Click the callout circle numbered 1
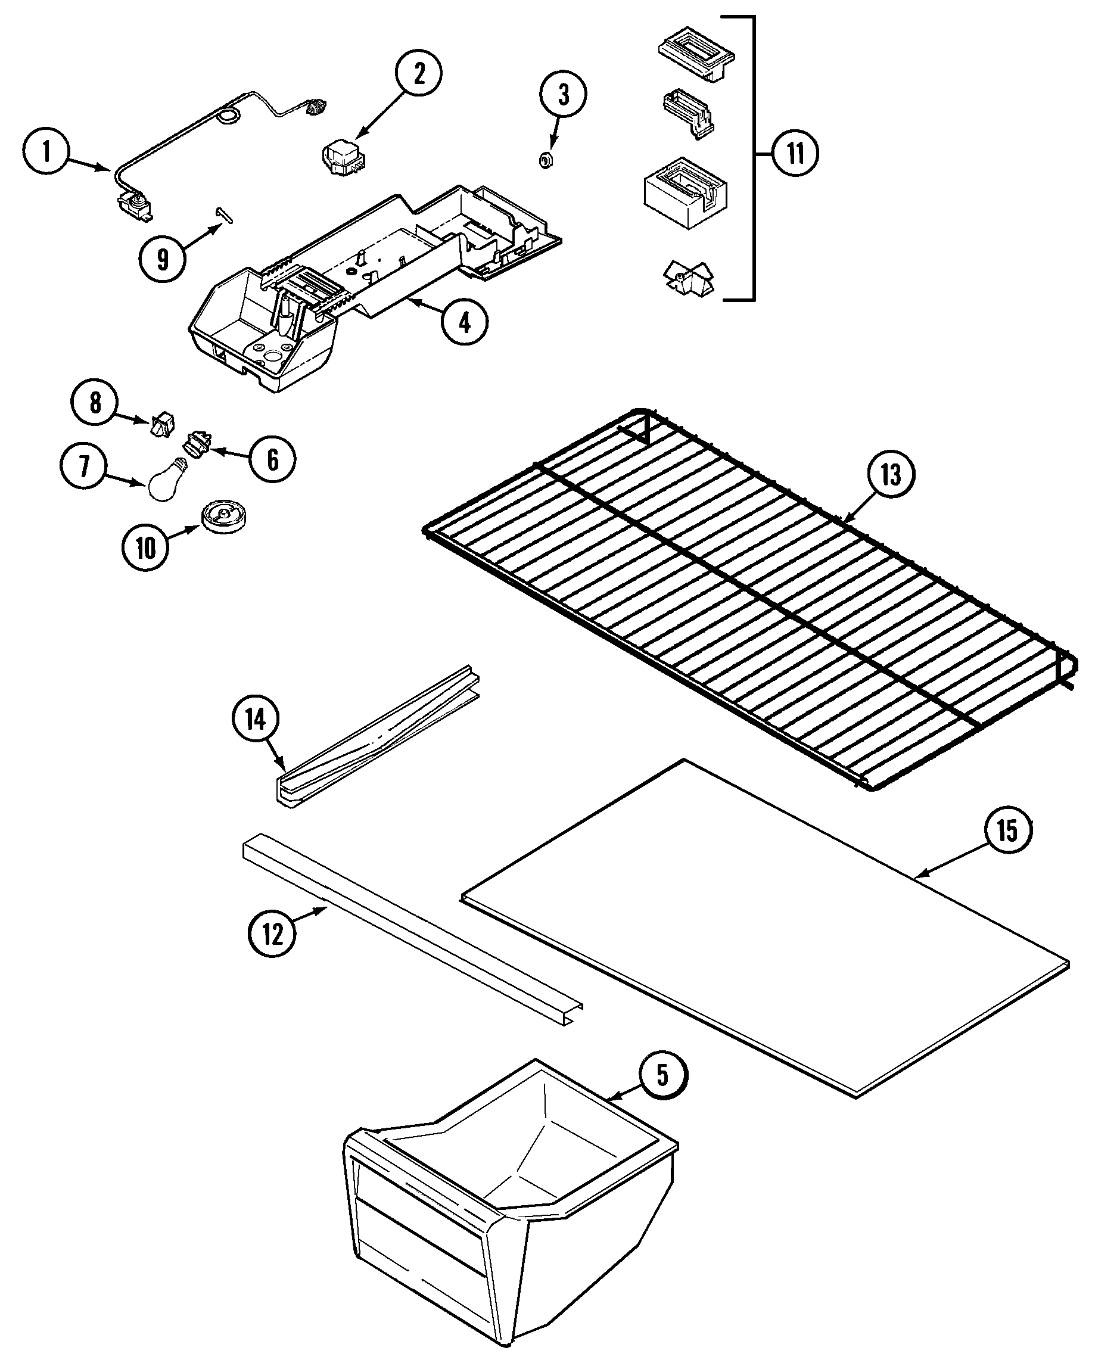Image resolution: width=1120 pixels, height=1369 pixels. pyautogui.click(x=46, y=153)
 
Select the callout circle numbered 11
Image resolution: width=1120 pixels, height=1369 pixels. pyautogui.click(x=795, y=154)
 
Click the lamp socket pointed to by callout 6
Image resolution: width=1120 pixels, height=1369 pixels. pyautogui.click(x=197, y=444)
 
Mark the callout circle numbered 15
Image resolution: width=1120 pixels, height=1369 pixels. pyautogui.click(x=1007, y=830)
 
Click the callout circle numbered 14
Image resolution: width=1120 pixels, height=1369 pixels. pyautogui.click(x=256, y=719)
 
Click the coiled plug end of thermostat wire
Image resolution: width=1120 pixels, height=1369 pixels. pyautogui.click(x=316, y=107)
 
